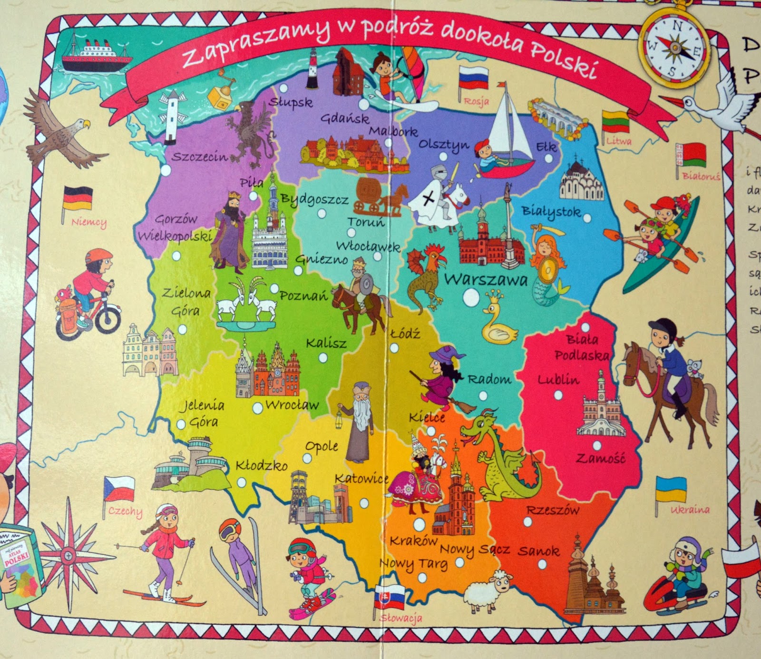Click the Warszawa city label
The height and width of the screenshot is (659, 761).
tap(486, 279)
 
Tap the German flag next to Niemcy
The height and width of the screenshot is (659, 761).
tap(78, 199)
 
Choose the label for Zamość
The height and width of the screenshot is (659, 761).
tap(601, 458)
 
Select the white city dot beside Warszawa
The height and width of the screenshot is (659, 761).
tap(471, 299)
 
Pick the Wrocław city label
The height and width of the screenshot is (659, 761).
tap(292, 405)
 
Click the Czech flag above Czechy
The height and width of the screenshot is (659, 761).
tap(119, 488)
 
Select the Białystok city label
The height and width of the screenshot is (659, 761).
tap(551, 211)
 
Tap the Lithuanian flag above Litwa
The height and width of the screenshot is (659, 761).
tap(616, 122)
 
